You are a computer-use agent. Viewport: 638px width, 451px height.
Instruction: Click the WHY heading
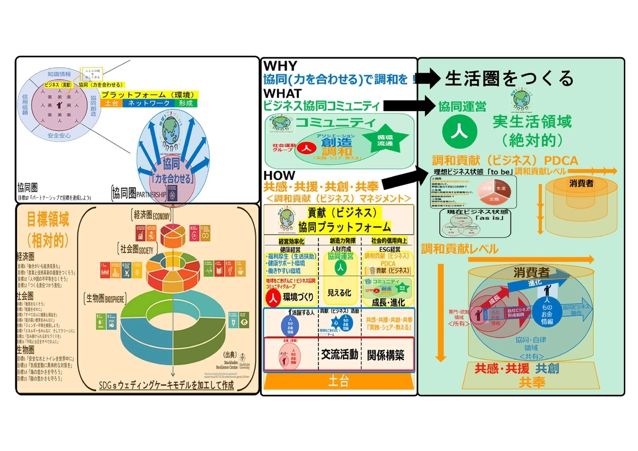pos(281,66)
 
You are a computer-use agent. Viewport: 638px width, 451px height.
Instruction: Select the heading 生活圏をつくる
pos(509,78)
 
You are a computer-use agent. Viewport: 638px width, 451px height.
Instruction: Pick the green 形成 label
pos(185,103)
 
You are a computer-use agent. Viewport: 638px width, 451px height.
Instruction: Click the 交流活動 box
pos(338,354)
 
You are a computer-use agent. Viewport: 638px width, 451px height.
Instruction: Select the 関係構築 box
pos(385,354)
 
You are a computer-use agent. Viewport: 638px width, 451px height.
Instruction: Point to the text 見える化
pos(338,293)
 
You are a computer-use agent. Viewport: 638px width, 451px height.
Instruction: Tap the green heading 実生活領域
pos(533,123)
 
